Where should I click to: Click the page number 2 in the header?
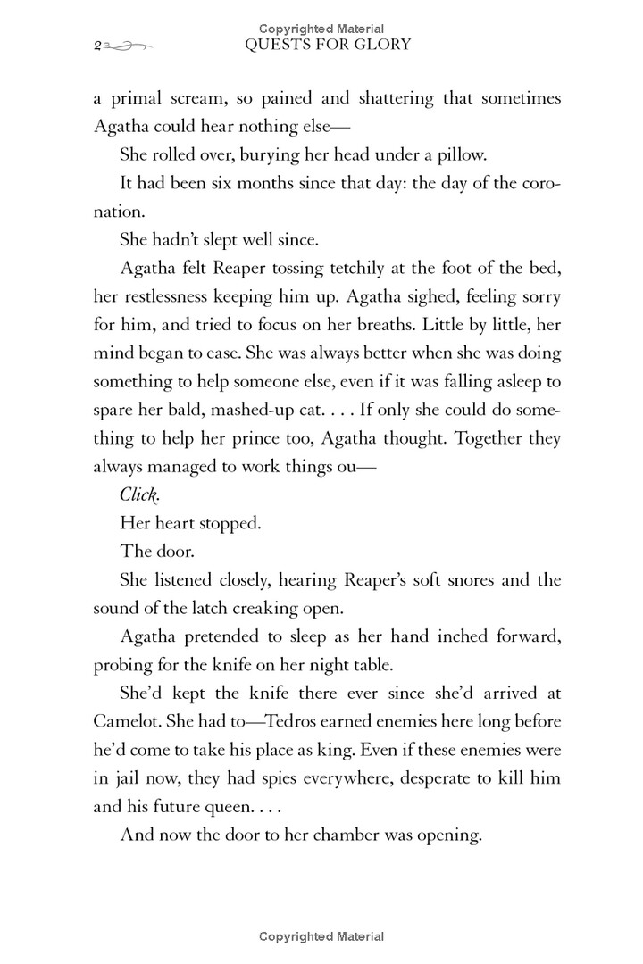point(95,45)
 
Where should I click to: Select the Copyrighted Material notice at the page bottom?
point(321,936)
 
